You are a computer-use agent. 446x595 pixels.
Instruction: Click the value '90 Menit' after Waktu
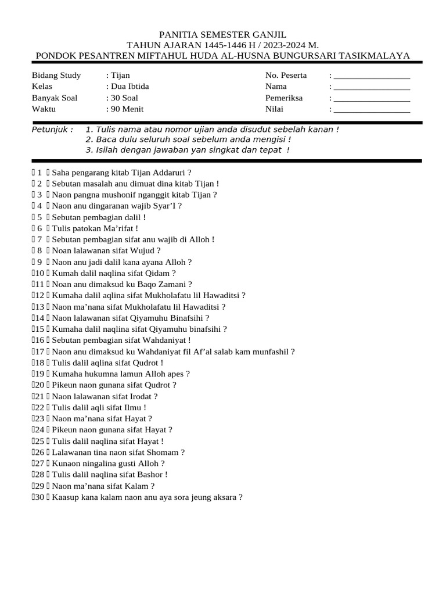pos(127,109)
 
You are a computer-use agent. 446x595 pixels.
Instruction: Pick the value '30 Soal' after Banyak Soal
pos(124,98)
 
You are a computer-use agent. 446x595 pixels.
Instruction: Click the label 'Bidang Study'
pos(56,76)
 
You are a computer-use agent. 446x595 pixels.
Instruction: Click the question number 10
pos(39,273)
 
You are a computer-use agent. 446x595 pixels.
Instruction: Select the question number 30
pos(39,497)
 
